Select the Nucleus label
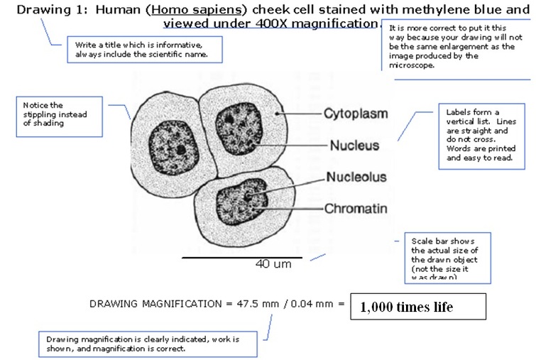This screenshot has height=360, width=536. click(354, 146)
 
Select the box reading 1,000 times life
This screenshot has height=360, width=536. click(419, 307)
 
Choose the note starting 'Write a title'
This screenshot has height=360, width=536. click(142, 49)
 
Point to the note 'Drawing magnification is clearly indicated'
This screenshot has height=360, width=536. click(147, 344)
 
